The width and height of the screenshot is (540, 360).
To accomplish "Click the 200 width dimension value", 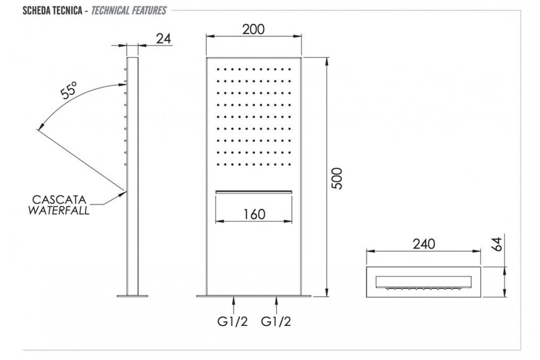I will click(x=253, y=29).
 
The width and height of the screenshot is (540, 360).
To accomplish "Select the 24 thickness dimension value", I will click(x=164, y=39).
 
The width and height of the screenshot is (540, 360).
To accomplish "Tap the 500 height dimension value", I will click(x=338, y=178).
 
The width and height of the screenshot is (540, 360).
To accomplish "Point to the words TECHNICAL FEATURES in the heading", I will click(x=128, y=10).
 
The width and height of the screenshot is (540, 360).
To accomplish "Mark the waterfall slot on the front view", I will click(x=254, y=192).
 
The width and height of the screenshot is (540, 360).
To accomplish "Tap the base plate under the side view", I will click(x=133, y=296).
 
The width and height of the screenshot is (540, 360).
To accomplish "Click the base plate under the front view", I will click(x=254, y=296).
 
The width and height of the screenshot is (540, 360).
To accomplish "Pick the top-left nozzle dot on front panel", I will click(x=218, y=69).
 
